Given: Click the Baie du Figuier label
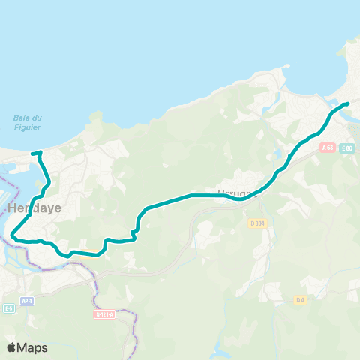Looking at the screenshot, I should coord(27,121).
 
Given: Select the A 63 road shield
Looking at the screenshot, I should coord(327,148).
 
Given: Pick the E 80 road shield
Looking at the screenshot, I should coord(346,148).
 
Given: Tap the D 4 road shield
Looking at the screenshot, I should coord(300,300).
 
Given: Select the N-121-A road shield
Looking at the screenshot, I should coord(105,314).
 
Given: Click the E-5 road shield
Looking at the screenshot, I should coord(9,308).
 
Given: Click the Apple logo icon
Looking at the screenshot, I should coord(11,347).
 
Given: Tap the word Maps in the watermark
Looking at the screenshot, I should coord(32,347).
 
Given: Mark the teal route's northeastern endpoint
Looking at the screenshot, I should coord(348,103).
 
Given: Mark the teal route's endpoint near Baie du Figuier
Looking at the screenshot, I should coord(33,154).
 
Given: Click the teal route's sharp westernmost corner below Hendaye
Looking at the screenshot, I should coord(12,237).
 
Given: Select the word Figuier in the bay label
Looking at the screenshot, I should coord(27,125).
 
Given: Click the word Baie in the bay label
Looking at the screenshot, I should coord(22,116).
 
